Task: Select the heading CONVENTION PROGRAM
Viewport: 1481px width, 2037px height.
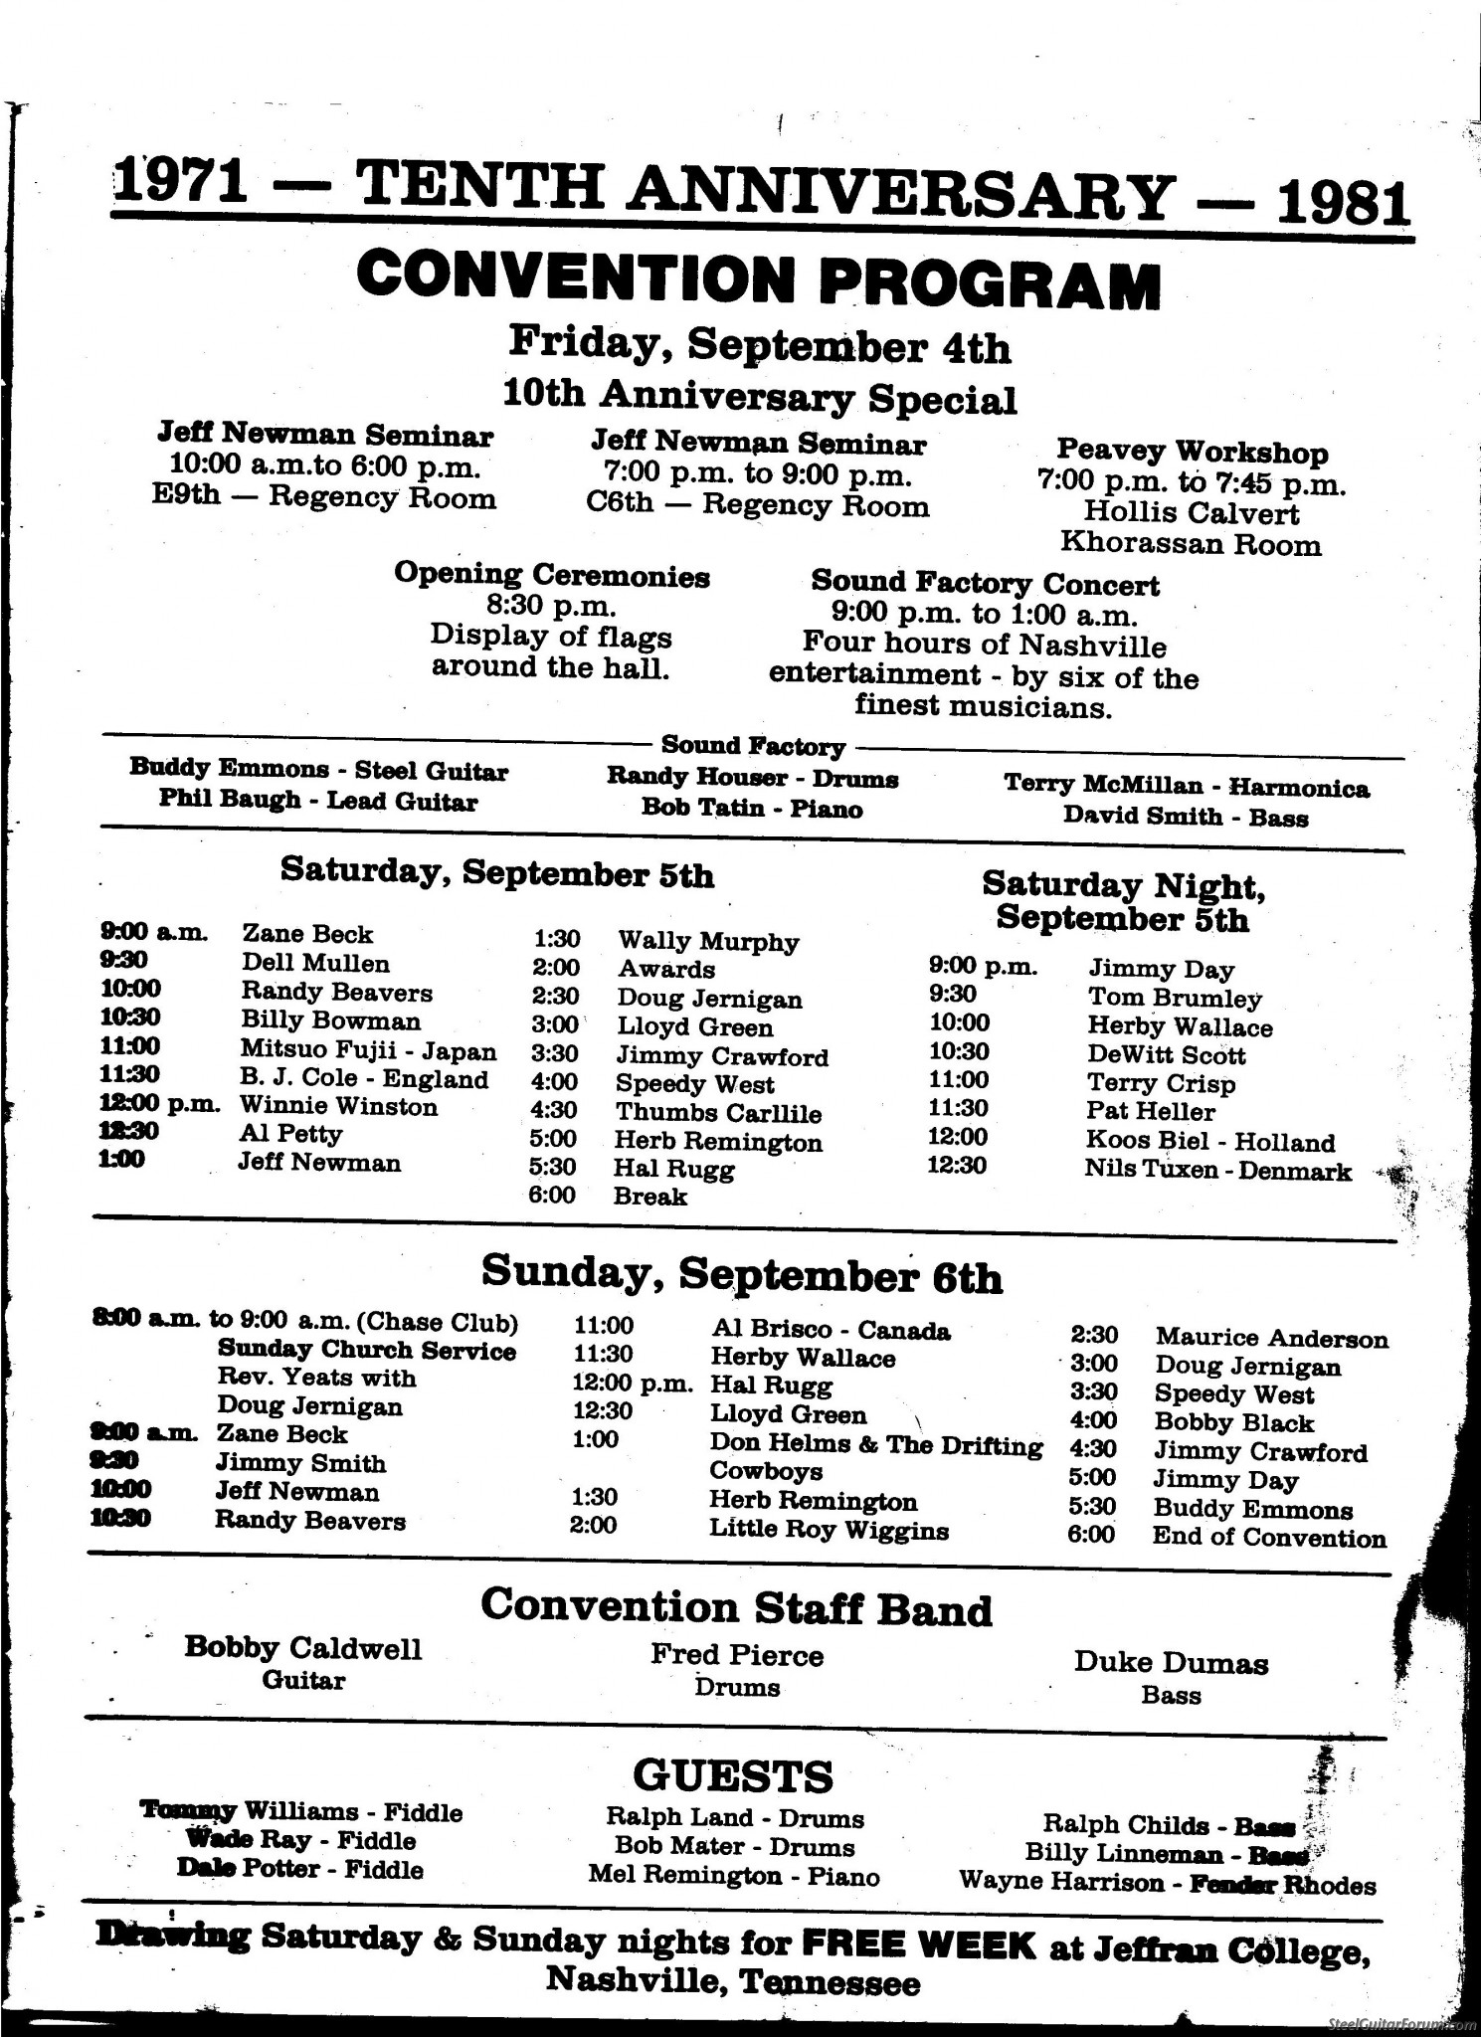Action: tap(758, 279)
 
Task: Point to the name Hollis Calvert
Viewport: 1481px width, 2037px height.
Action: tap(1191, 513)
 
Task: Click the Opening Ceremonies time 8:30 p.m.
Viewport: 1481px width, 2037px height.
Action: tap(551, 605)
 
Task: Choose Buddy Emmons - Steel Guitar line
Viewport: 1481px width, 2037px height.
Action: tap(318, 771)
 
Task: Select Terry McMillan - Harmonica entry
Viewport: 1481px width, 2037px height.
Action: tap(1186, 787)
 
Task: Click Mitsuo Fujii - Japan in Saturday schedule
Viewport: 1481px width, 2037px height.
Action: tap(368, 1050)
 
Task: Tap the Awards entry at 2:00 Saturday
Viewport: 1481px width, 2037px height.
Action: tap(665, 970)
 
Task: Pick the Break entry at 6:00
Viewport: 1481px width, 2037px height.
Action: tap(650, 1197)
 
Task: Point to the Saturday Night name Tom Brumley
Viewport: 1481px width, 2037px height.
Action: tap(1175, 998)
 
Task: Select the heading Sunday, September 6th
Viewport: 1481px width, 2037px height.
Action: tap(742, 1274)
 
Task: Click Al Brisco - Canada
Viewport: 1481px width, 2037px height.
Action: tap(831, 1331)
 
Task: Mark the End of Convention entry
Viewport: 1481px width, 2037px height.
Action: tap(1268, 1538)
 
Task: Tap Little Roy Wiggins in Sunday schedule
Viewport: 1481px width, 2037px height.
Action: tap(829, 1530)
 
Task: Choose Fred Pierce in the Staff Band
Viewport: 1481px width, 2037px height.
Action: tap(737, 1656)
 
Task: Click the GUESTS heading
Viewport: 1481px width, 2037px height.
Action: tap(733, 1775)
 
